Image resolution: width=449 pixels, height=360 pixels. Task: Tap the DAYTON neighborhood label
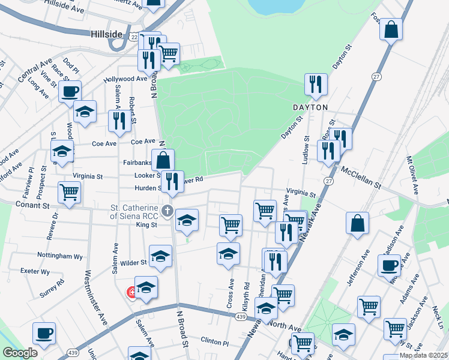pos(310,107)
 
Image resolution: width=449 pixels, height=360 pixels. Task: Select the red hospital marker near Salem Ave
pos(130,293)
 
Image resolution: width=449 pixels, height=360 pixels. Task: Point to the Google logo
pos(20,353)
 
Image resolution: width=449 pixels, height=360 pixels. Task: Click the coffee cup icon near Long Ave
pos(70,92)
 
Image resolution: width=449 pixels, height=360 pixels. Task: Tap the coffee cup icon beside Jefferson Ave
pos(389,265)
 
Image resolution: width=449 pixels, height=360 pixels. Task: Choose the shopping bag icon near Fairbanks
pos(163,160)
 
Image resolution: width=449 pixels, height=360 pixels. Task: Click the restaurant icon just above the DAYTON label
pos(316,84)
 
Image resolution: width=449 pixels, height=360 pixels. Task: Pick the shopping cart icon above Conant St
pos(70,193)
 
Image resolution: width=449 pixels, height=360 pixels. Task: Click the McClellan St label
pos(361,174)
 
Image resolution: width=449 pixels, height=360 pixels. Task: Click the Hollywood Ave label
pos(125,79)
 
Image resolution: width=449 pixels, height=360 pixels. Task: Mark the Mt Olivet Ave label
pos(412,175)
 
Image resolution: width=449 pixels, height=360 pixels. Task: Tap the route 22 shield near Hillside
pos(134,36)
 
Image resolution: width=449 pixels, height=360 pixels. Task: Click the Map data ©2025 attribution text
pos(423,355)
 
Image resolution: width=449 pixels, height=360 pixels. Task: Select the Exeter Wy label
pos(34,271)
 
